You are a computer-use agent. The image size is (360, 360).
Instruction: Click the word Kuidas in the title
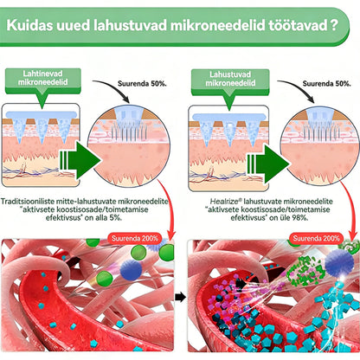tap(29, 25)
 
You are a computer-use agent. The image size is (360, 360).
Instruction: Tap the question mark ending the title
tap(334, 25)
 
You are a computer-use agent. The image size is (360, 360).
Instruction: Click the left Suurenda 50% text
tap(142, 84)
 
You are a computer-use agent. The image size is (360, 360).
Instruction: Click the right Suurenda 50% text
tap(327, 84)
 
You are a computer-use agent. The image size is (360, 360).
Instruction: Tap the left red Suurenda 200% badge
tap(135, 239)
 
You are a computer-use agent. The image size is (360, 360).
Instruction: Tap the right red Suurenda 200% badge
tap(316, 239)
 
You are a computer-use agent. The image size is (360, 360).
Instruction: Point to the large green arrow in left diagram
tap(80, 160)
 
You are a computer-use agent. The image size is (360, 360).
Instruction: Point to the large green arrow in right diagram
tap(268, 164)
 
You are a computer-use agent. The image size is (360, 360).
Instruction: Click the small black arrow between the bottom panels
tap(180, 297)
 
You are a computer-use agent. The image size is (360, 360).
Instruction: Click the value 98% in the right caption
tap(300, 217)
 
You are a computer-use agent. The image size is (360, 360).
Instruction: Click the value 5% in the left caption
tap(114, 217)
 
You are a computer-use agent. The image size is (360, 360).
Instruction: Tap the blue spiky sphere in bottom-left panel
tap(131, 269)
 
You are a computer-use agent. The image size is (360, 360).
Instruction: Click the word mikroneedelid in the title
tap(218, 25)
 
